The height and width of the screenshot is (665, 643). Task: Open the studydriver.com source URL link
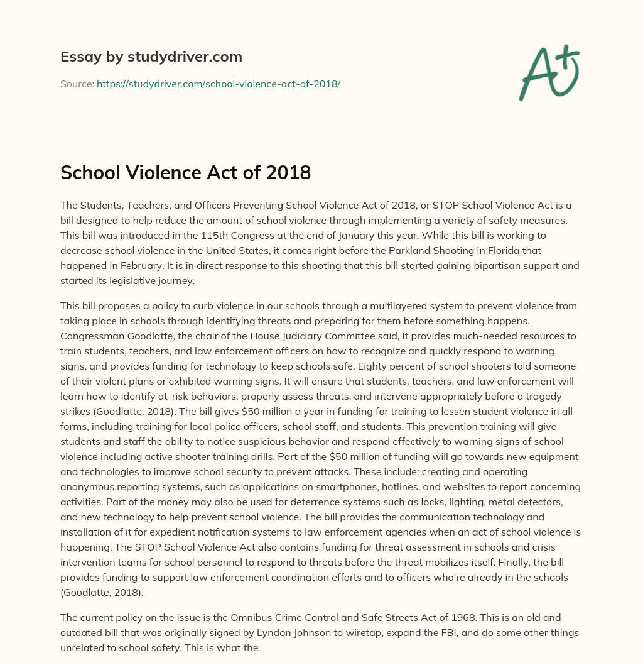tap(218, 83)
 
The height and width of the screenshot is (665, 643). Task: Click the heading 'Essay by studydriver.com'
tap(151, 57)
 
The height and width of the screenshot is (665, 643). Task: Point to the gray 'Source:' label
tap(77, 83)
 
